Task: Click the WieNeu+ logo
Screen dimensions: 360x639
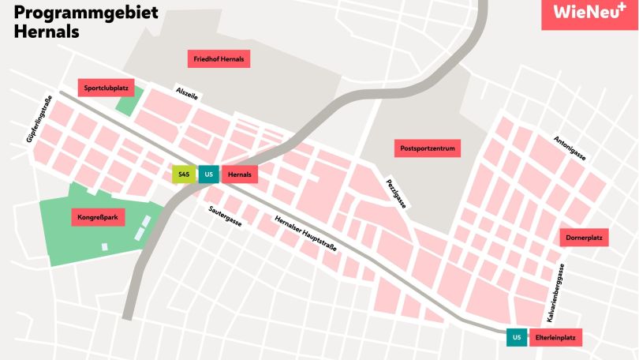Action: click(589, 13)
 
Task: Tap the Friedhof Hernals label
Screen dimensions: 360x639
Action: click(219, 59)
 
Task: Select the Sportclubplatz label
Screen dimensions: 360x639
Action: click(106, 88)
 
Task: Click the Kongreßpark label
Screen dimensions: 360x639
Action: click(98, 217)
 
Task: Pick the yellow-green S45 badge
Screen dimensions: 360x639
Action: click(183, 174)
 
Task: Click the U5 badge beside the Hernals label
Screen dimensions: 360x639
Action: click(208, 174)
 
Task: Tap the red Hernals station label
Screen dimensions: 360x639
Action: click(240, 174)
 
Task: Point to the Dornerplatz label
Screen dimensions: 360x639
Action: click(585, 238)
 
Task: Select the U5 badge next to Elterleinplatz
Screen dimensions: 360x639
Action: click(517, 338)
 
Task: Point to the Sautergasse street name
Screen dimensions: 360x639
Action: click(225, 216)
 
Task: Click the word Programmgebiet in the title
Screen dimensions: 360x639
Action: click(87, 13)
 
